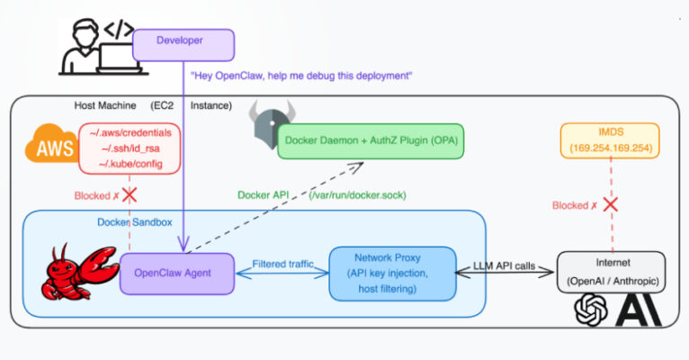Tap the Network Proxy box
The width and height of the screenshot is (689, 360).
click(x=387, y=271)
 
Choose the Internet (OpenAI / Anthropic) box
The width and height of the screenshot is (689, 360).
click(x=612, y=271)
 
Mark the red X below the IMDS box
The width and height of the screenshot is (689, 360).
click(x=611, y=204)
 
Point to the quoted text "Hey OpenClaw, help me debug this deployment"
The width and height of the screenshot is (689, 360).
click(x=301, y=76)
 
